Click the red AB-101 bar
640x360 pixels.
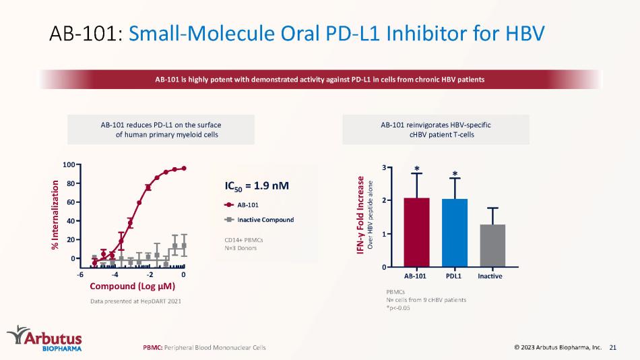click(x=416, y=232)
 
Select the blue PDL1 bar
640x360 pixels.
click(x=454, y=233)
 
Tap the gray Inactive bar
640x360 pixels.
click(x=492, y=245)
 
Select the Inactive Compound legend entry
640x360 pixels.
click(x=259, y=220)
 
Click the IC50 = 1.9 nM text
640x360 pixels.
click(x=257, y=185)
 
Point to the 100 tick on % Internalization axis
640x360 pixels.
click(x=67, y=164)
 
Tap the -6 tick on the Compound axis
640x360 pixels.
click(x=80, y=274)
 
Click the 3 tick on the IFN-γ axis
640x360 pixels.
click(x=384, y=167)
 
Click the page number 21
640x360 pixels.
click(x=612, y=347)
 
